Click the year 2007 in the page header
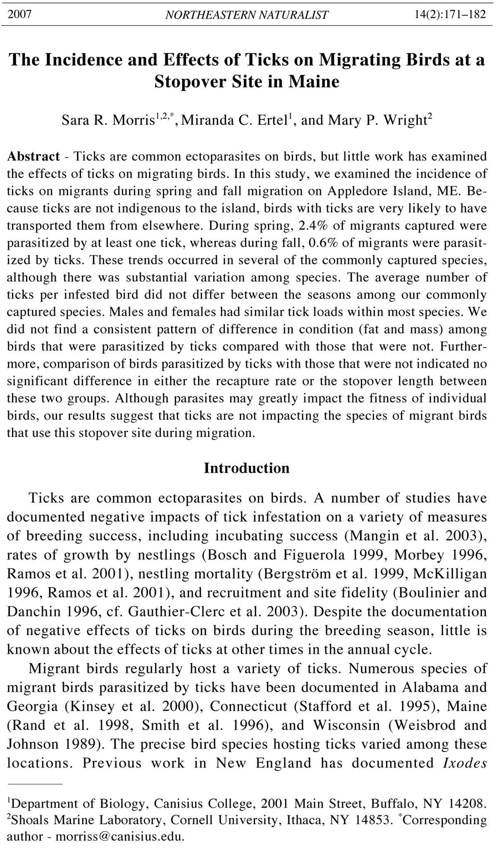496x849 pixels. (x=19, y=15)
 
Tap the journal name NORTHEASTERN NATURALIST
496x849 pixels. (x=247, y=15)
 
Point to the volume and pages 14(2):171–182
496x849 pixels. (x=450, y=15)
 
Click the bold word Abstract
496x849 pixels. (x=33, y=157)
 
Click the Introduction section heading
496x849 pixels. (x=247, y=468)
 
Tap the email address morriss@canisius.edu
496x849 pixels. (x=119, y=837)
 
